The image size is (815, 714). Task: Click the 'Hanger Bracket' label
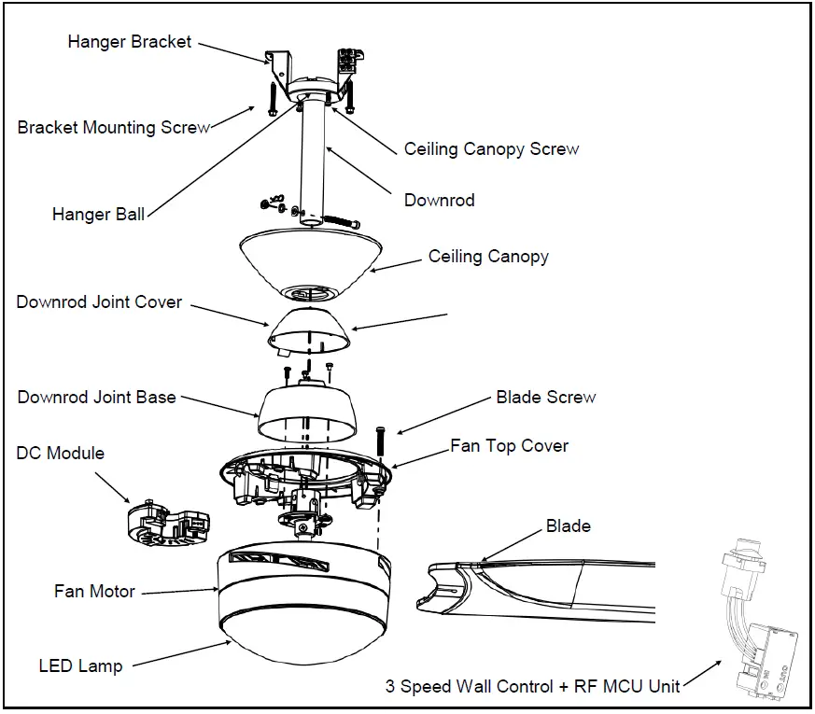pyautogui.click(x=129, y=42)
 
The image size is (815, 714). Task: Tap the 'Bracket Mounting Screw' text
pyautogui.click(x=113, y=128)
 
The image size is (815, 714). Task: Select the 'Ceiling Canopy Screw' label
pyautogui.click(x=491, y=149)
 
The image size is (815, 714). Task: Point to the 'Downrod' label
pyautogui.click(x=439, y=201)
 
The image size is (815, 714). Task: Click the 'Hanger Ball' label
pyautogui.click(x=98, y=215)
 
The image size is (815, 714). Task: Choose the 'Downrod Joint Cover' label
pyautogui.click(x=99, y=302)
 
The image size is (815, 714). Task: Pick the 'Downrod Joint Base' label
pyautogui.click(x=96, y=397)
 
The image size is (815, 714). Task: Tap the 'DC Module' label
pyautogui.click(x=61, y=454)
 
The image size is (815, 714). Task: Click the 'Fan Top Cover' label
pyautogui.click(x=509, y=446)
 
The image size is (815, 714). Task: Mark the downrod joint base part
pyautogui.click(x=307, y=412)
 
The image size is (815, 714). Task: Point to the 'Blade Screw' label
pyautogui.click(x=546, y=398)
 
